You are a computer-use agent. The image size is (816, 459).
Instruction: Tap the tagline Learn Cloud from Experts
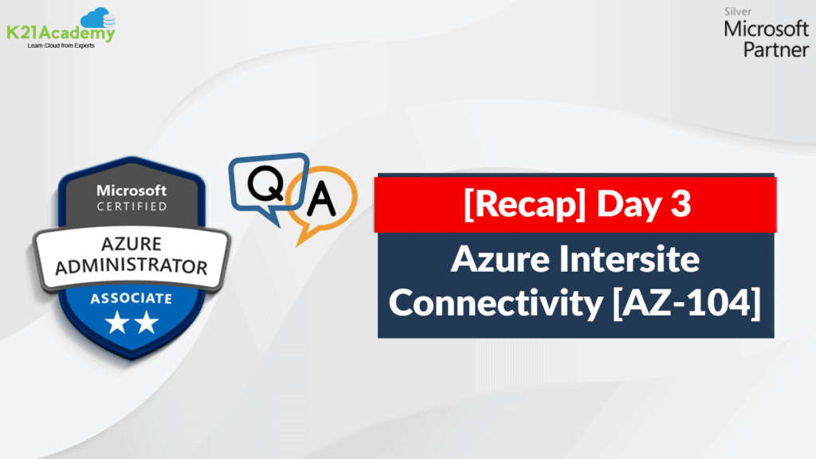(x=61, y=45)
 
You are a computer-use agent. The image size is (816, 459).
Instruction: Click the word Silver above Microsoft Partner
(x=737, y=11)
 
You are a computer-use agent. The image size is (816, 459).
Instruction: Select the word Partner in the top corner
(x=776, y=49)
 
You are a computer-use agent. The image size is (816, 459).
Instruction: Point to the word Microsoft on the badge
(x=131, y=190)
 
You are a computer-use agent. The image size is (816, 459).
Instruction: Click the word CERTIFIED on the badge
(x=132, y=206)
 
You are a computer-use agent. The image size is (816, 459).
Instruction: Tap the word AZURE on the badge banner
(x=131, y=244)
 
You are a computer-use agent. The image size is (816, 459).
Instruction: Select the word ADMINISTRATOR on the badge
(x=131, y=266)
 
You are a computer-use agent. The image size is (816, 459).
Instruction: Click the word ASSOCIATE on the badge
(x=131, y=298)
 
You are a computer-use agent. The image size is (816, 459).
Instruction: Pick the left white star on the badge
(x=117, y=322)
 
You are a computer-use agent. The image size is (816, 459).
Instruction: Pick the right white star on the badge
(x=147, y=322)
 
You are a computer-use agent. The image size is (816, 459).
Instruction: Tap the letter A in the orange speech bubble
(x=321, y=198)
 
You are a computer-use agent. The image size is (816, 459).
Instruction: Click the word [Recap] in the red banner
(x=524, y=203)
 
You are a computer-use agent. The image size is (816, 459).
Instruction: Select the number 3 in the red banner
(x=681, y=203)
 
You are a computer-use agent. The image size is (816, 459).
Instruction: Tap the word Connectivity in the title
(x=496, y=304)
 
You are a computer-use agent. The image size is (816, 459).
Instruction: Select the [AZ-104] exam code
(x=687, y=303)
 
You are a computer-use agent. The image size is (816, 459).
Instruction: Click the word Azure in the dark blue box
(x=500, y=259)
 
